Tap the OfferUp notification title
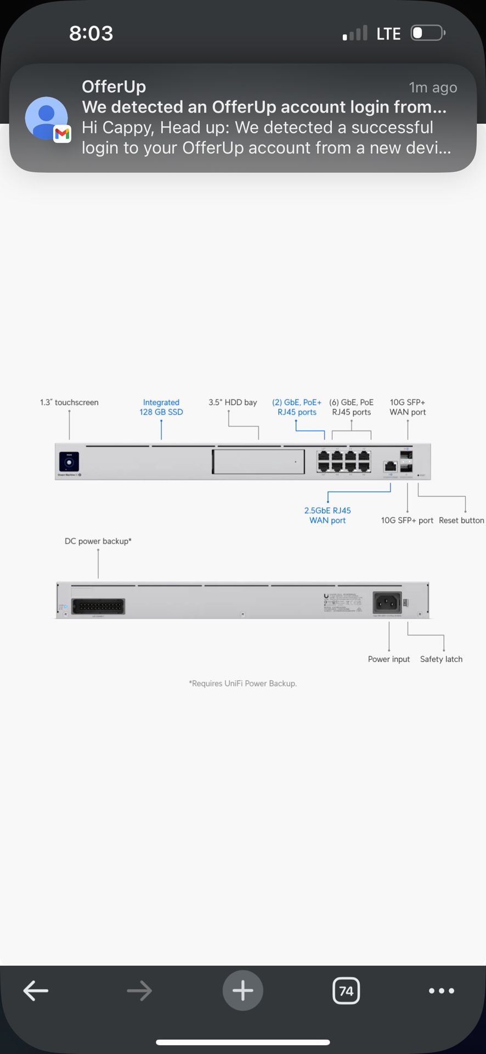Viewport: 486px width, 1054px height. (114, 87)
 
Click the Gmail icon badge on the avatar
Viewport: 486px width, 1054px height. (62, 134)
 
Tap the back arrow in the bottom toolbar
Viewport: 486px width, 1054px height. (36, 991)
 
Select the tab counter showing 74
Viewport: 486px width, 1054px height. (346, 991)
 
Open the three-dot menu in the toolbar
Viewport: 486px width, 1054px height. (442, 991)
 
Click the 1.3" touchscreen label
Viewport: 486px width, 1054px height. (69, 402)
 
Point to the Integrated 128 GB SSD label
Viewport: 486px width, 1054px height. (161, 407)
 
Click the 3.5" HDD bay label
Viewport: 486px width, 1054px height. (233, 402)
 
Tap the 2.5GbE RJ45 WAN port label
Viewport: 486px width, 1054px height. (327, 515)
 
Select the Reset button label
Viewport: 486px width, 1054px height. (461, 520)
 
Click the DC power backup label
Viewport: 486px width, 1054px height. (98, 541)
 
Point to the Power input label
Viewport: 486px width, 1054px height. (389, 659)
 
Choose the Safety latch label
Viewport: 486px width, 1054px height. (441, 659)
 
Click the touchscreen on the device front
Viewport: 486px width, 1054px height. (69, 462)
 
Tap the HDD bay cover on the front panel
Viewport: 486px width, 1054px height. (258, 462)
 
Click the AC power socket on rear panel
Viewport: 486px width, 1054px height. (387, 603)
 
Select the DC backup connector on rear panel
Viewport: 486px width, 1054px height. (99, 607)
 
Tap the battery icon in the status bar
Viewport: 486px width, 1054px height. (427, 33)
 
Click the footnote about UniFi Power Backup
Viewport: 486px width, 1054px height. (242, 683)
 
